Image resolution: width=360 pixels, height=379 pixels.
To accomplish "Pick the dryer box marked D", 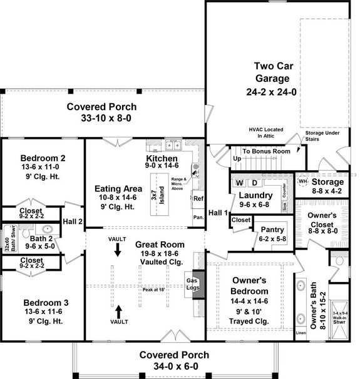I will coord(255,183).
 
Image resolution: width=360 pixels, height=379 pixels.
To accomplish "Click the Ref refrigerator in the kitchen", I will coord(198,199).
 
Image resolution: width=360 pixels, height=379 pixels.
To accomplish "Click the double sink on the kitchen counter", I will coord(173,146).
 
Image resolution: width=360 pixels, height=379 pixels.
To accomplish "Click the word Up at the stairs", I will coord(237,159).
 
